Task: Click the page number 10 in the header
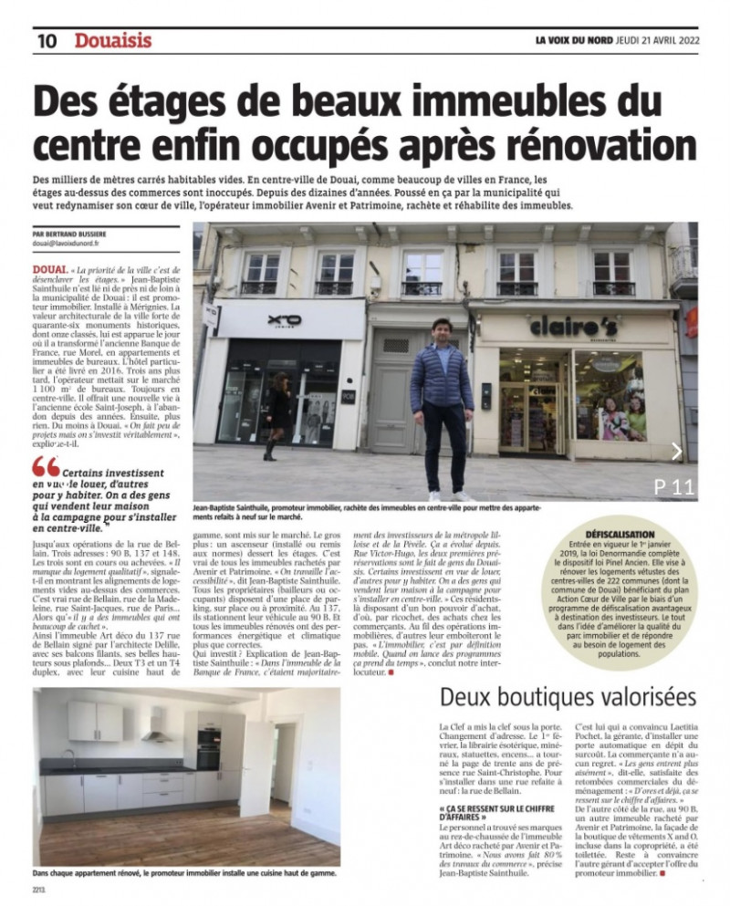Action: pos(47,41)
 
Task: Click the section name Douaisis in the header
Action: pos(113,41)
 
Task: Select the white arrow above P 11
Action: pos(676,451)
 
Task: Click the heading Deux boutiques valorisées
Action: pos(567,697)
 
